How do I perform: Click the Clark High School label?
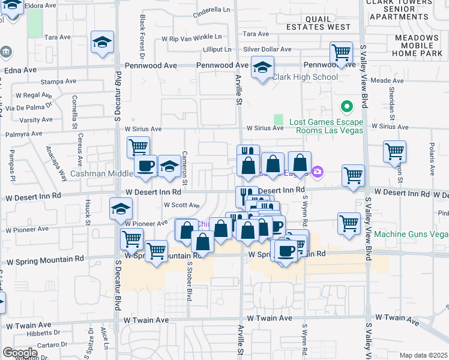pos(305,77)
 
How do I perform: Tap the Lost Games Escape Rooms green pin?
pos(346,107)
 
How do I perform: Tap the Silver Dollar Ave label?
pos(267,49)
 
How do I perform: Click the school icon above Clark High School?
pos(262,68)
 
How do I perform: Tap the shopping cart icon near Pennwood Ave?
pos(341,52)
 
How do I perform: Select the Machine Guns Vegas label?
pos(411,233)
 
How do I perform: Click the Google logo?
pos(19,352)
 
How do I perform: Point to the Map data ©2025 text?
pos(423,355)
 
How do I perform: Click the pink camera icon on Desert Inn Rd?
pos(317,173)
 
